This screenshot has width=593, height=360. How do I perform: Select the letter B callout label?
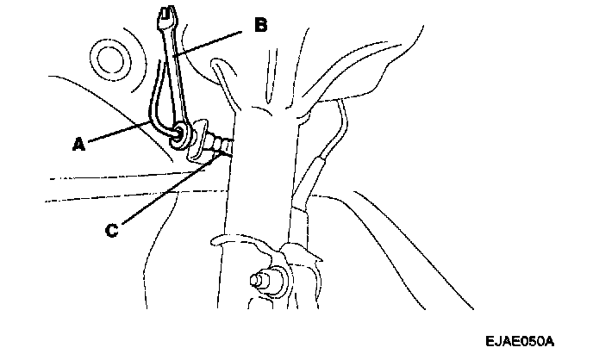click(259, 25)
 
